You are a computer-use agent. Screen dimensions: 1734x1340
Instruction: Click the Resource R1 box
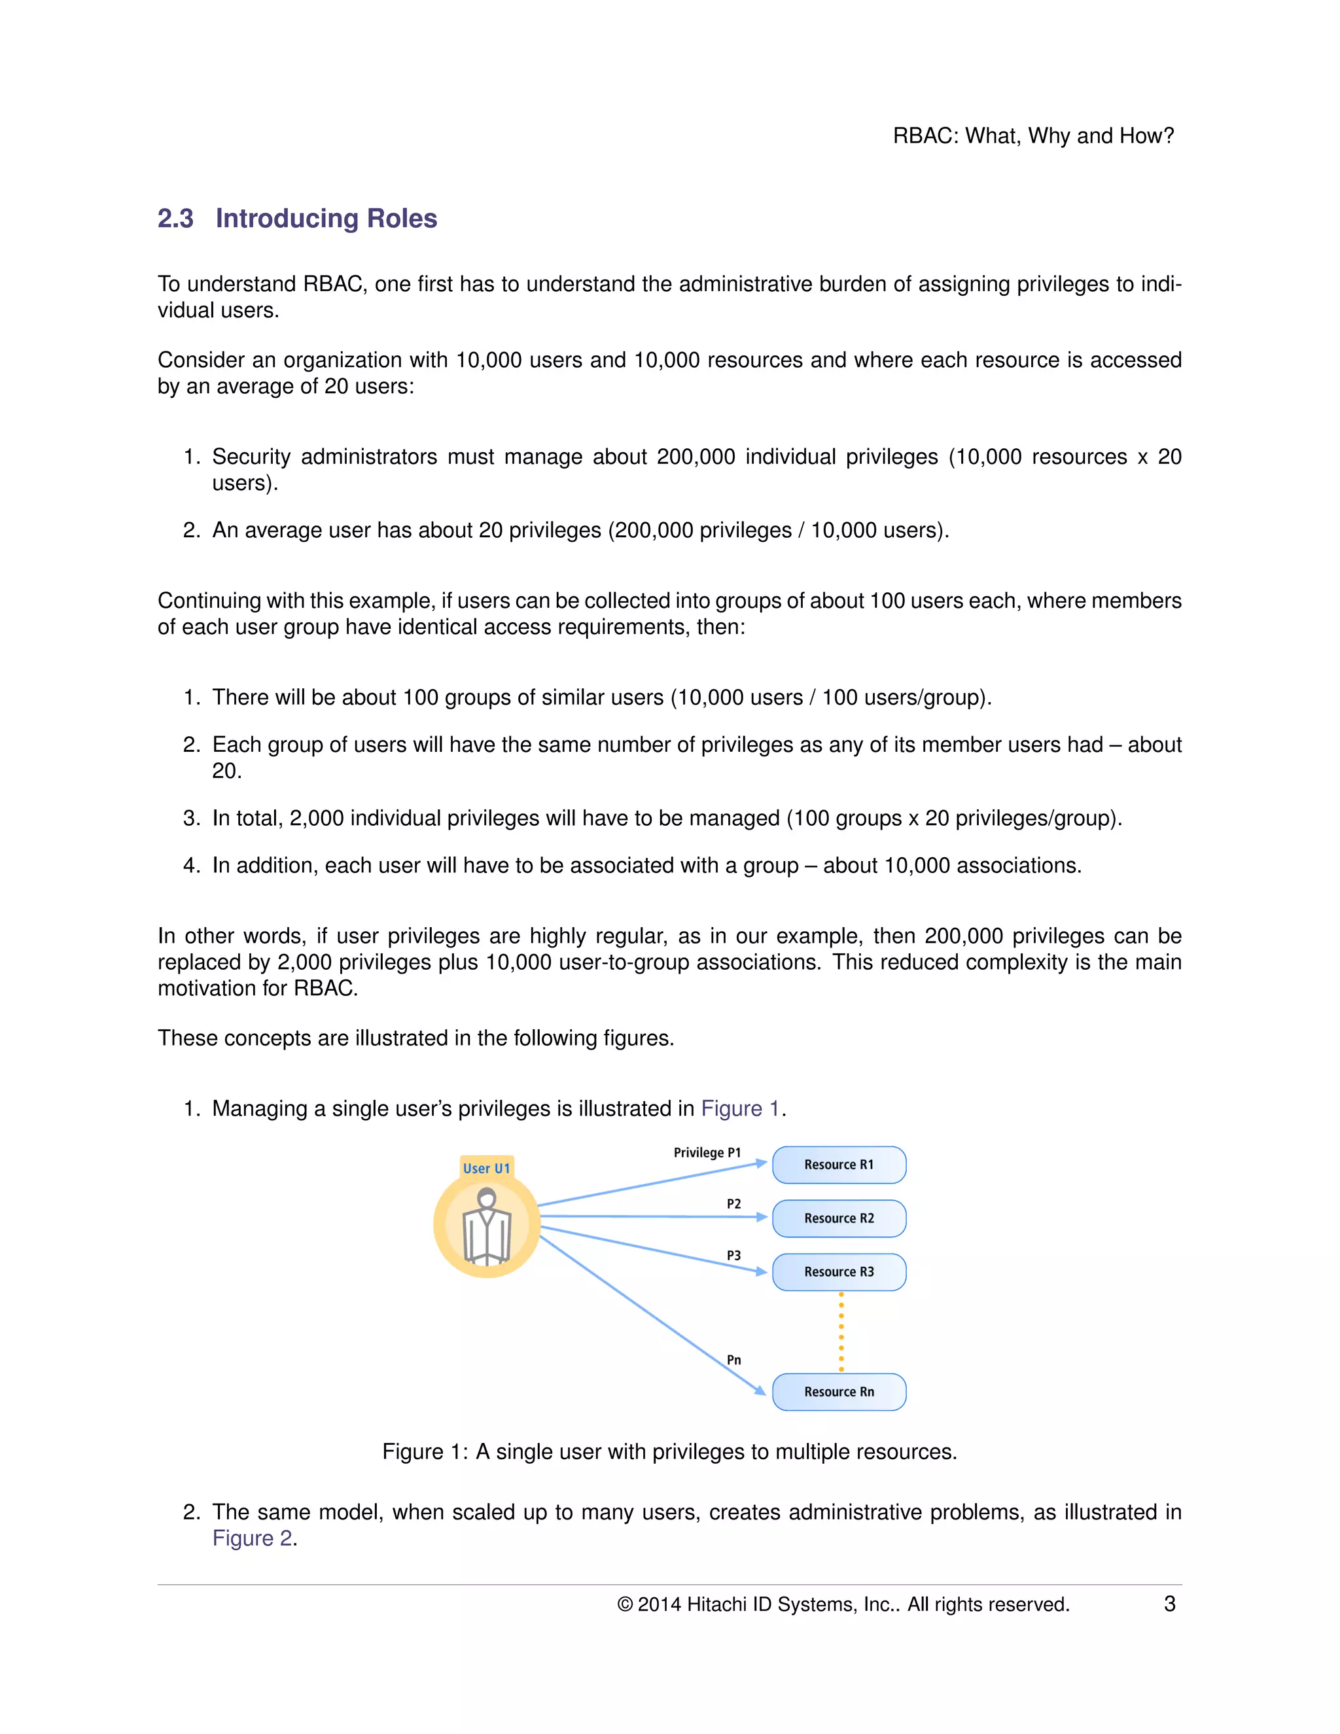point(838,1165)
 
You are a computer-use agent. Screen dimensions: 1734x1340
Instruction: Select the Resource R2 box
point(838,1218)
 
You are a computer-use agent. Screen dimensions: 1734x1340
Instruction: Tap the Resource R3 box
point(838,1272)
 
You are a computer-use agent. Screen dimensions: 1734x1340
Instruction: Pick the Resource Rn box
point(838,1392)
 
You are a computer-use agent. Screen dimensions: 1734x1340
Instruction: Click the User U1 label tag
point(487,1168)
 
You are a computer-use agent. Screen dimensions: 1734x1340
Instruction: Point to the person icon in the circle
point(487,1226)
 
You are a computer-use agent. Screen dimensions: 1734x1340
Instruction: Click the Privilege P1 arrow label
point(707,1152)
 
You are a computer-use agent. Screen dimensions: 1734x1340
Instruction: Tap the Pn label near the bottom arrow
point(733,1360)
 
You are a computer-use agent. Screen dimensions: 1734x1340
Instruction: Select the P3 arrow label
point(733,1255)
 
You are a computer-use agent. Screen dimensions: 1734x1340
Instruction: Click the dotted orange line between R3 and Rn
point(841,1332)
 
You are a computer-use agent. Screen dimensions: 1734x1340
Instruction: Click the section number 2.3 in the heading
point(175,219)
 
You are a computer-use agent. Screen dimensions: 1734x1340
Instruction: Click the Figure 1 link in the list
point(740,1108)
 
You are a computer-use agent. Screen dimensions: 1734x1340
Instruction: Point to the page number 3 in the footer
point(1169,1604)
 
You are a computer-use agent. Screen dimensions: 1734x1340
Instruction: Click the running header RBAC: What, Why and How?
point(1032,135)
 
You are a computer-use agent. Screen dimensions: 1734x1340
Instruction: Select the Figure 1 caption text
point(669,1451)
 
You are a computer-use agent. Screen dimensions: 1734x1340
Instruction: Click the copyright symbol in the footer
point(625,1604)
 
